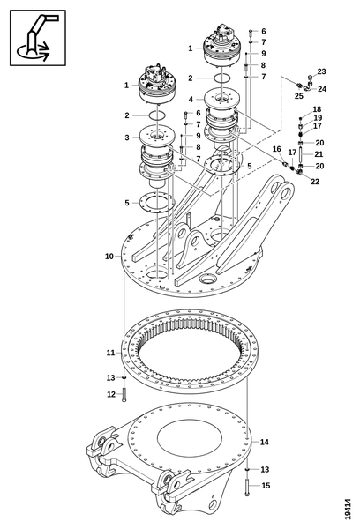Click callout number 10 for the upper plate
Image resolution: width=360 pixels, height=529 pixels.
(109, 256)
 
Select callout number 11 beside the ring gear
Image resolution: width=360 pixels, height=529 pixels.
(110, 352)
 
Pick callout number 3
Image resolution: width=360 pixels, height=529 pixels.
(127, 138)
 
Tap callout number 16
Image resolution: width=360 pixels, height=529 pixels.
(276, 150)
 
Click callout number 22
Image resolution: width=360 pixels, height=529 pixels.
(315, 182)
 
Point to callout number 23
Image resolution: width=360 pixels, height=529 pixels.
(321, 71)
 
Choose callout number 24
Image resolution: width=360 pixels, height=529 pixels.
(322, 89)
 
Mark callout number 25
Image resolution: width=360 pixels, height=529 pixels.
(299, 95)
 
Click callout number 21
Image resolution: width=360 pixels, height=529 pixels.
(319, 154)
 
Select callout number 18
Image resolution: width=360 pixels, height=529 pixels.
(317, 109)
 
